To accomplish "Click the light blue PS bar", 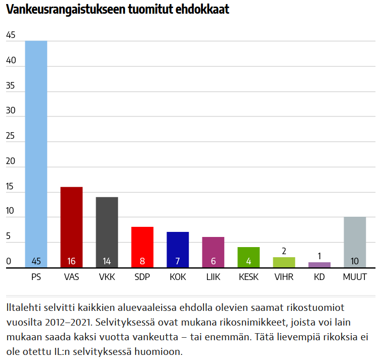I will coord(36,152).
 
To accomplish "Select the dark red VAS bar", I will coord(71,225).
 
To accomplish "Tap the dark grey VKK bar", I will coord(107,230).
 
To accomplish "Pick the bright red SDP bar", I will coord(142,246).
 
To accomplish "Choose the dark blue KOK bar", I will coord(178,248).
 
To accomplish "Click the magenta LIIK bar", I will coord(213,251).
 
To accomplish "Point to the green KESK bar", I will coord(248,256).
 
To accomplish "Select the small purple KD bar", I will coord(319,265).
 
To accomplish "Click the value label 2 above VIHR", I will coord(284,251).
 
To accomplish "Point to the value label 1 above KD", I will coord(319,256).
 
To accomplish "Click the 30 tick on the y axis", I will coord(11,111).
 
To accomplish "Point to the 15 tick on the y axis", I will coord(11,187).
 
